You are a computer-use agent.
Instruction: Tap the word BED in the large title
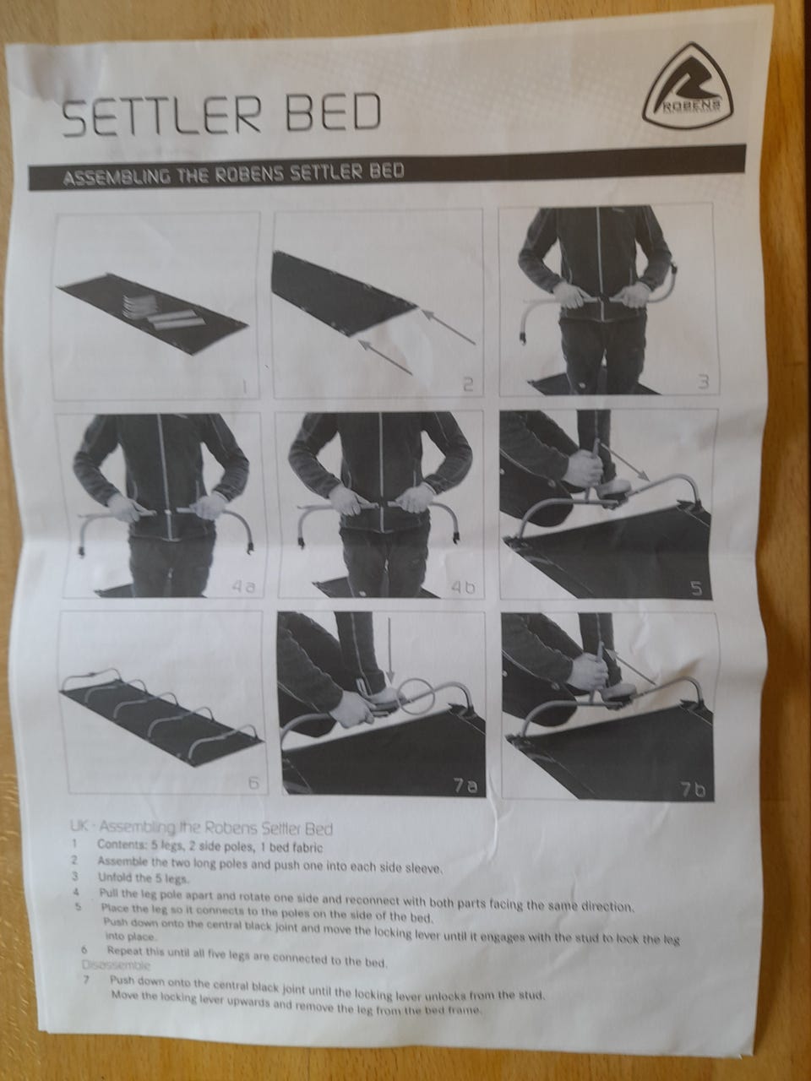click(x=335, y=111)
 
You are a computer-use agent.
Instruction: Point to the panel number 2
click(x=468, y=383)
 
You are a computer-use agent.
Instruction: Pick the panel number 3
click(x=703, y=381)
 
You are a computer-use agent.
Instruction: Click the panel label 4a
click(x=243, y=587)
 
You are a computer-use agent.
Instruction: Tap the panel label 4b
click(x=463, y=588)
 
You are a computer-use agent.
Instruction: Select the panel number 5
click(x=697, y=589)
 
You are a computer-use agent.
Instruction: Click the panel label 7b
click(x=694, y=790)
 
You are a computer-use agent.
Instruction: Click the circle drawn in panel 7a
click(x=415, y=682)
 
